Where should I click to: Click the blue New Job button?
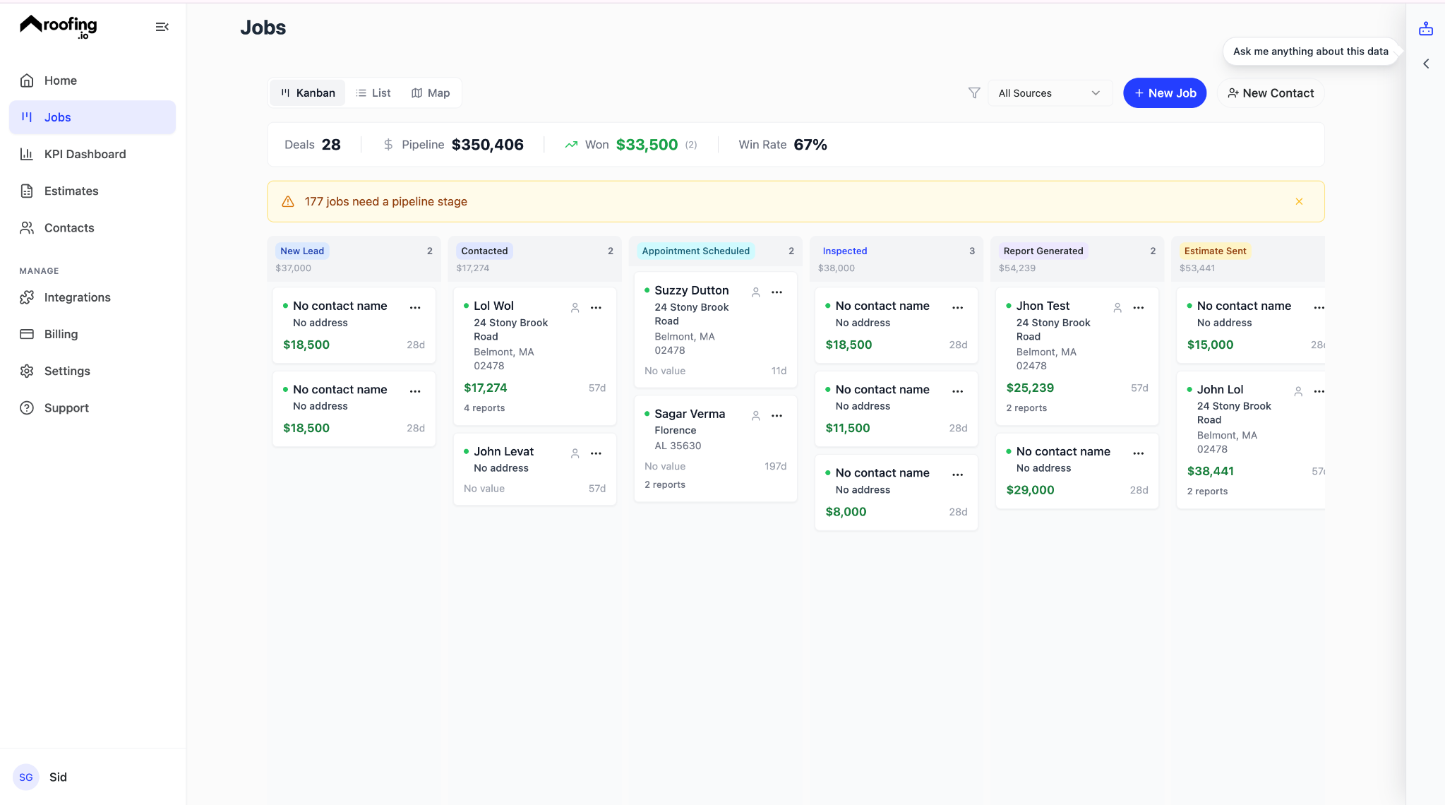(1165, 93)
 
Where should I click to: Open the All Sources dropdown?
(1049, 93)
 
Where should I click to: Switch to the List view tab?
(373, 93)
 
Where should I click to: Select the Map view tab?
(431, 93)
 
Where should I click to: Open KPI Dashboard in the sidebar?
(85, 154)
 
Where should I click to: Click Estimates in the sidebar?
(71, 191)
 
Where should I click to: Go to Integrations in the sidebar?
(77, 297)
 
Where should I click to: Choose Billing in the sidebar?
(61, 334)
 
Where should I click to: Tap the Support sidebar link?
(66, 407)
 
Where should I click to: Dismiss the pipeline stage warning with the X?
(1299, 202)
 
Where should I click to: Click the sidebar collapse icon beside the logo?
(162, 27)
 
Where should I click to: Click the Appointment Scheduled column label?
(695, 251)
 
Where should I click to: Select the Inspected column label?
(844, 251)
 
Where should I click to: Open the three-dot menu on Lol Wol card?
(596, 308)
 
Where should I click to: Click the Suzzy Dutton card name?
(691, 290)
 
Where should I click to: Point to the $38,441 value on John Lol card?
(1210, 471)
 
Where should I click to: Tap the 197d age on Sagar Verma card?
(775, 466)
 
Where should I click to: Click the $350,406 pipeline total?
(487, 145)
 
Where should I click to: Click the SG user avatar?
(26, 777)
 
